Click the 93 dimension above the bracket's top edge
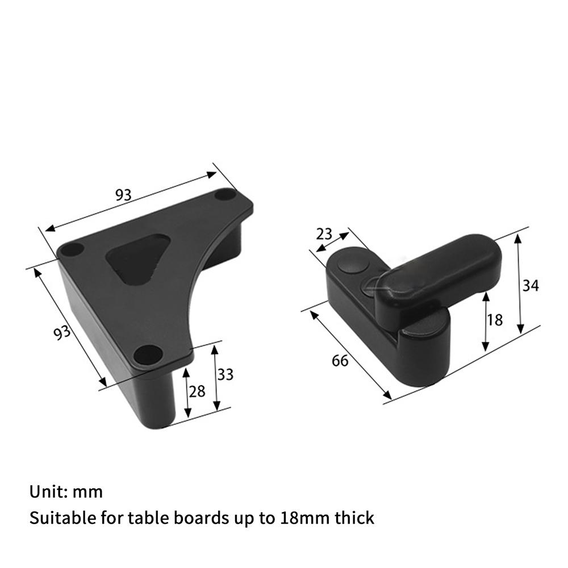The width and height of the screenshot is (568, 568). point(123,195)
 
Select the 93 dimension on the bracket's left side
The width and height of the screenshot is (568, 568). point(62,332)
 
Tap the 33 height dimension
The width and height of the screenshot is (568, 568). point(225,374)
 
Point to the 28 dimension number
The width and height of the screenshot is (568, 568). point(197,391)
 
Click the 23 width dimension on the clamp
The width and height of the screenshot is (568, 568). point(324,235)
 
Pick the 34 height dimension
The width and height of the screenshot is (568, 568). point(531,286)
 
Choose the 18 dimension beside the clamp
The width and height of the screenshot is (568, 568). point(495,320)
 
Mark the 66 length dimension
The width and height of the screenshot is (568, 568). point(340,361)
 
